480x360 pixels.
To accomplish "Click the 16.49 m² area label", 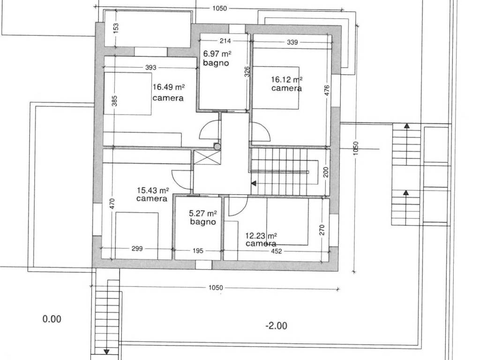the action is pyautogui.click(x=169, y=87).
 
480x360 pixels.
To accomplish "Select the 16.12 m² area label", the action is pyautogui.click(x=287, y=80).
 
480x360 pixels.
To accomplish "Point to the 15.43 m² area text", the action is pyautogui.click(x=153, y=190).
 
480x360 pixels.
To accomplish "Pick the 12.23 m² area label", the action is pyautogui.click(x=261, y=236).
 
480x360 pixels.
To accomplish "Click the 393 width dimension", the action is pyautogui.click(x=150, y=67).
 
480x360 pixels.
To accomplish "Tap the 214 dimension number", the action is pyautogui.click(x=225, y=40).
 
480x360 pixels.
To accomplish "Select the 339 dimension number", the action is pyautogui.click(x=292, y=42).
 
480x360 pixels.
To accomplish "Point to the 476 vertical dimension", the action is pyautogui.click(x=327, y=91).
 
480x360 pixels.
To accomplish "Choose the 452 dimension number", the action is pyautogui.click(x=277, y=251).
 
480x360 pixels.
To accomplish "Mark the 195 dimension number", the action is pyautogui.click(x=198, y=251).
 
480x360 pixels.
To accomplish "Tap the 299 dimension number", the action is pyautogui.click(x=137, y=248).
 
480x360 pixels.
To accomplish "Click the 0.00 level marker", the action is pyautogui.click(x=52, y=319).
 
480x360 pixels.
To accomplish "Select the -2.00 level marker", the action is pyautogui.click(x=276, y=325).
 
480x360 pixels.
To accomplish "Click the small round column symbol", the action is pyautogui.click(x=217, y=147).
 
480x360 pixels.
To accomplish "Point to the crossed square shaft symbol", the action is pyautogui.click(x=207, y=158).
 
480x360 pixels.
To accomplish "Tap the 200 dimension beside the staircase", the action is pyautogui.click(x=326, y=172).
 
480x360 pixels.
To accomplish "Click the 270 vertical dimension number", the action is pyautogui.click(x=322, y=230).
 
